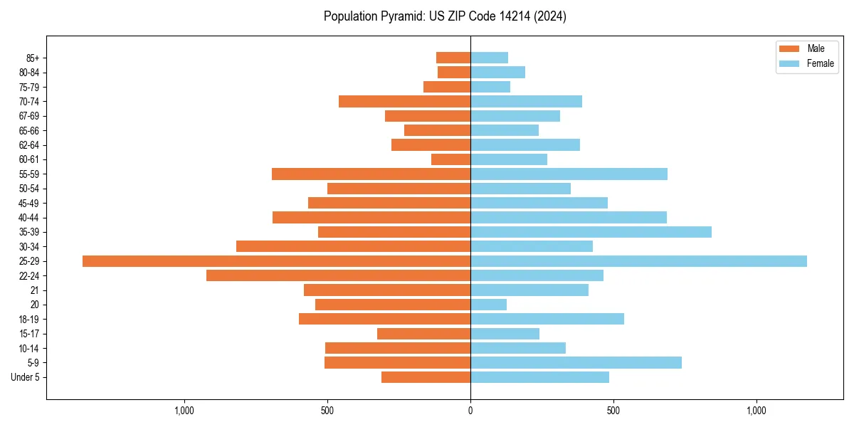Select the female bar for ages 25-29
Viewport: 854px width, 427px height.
(x=638, y=261)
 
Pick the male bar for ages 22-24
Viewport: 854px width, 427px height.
(x=338, y=275)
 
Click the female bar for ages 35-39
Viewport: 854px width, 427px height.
(x=591, y=232)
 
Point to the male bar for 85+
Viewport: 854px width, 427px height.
(x=453, y=58)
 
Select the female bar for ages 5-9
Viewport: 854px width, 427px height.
(x=576, y=362)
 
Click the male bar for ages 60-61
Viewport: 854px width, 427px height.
(x=450, y=159)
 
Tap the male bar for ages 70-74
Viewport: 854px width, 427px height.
(x=404, y=101)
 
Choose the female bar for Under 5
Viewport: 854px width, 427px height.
(x=539, y=377)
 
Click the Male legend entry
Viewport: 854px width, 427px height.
(x=806, y=48)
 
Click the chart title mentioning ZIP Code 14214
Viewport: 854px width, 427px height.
(x=445, y=16)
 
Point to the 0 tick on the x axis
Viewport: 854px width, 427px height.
(x=470, y=411)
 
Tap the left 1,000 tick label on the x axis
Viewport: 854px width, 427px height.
(x=184, y=411)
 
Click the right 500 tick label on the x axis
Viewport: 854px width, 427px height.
(x=613, y=411)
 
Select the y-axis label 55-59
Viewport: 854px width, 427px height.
(x=28, y=174)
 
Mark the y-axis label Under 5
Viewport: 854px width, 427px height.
(x=25, y=377)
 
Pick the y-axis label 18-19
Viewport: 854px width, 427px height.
(x=28, y=320)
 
